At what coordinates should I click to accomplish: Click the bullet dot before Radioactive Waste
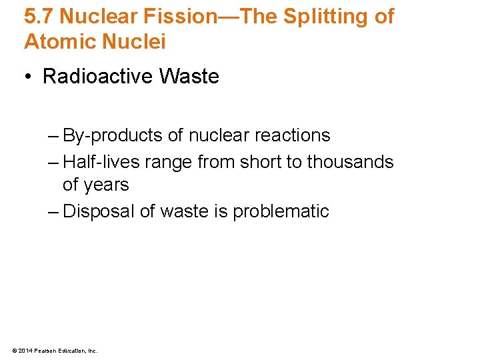click(29, 77)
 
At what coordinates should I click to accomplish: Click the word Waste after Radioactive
click(189, 77)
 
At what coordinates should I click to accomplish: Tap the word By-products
click(113, 135)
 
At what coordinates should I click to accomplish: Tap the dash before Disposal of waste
click(53, 211)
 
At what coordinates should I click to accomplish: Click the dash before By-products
click(53, 135)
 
